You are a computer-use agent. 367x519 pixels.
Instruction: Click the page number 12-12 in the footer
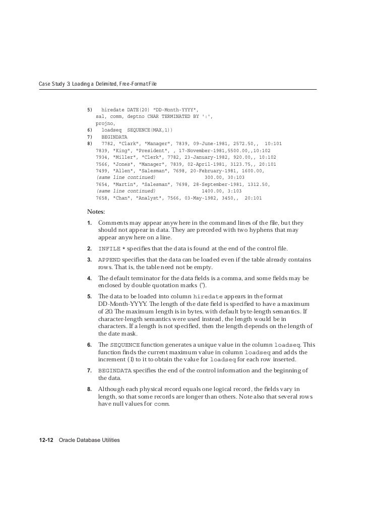[x=47, y=440]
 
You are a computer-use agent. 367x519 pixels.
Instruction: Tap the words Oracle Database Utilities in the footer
[x=89, y=440]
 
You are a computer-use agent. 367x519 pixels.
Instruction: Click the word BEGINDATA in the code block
[x=114, y=137]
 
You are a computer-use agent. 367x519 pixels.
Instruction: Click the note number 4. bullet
[x=89, y=278]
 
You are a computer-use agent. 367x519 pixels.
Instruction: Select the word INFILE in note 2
[x=109, y=249]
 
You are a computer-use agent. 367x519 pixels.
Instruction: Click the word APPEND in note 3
[x=109, y=260]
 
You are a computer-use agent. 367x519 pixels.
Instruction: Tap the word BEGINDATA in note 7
[x=114, y=371]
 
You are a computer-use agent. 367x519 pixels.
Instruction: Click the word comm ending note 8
[x=160, y=404]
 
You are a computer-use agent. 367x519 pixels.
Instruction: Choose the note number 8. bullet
[x=89, y=389]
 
